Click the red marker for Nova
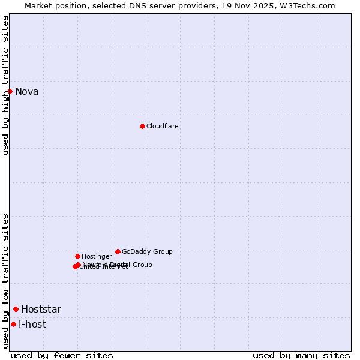10,91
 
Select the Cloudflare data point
142,126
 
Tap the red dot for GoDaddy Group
118,251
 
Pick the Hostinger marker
77,256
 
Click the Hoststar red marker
16,310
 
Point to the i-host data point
13,325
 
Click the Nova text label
26,92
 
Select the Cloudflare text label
162,127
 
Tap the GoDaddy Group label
147,252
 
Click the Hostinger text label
97,257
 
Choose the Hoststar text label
41,310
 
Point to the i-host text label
32,325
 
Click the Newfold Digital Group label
117,265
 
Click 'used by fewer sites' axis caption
62,355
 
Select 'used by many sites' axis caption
301,355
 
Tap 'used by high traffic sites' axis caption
6,85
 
